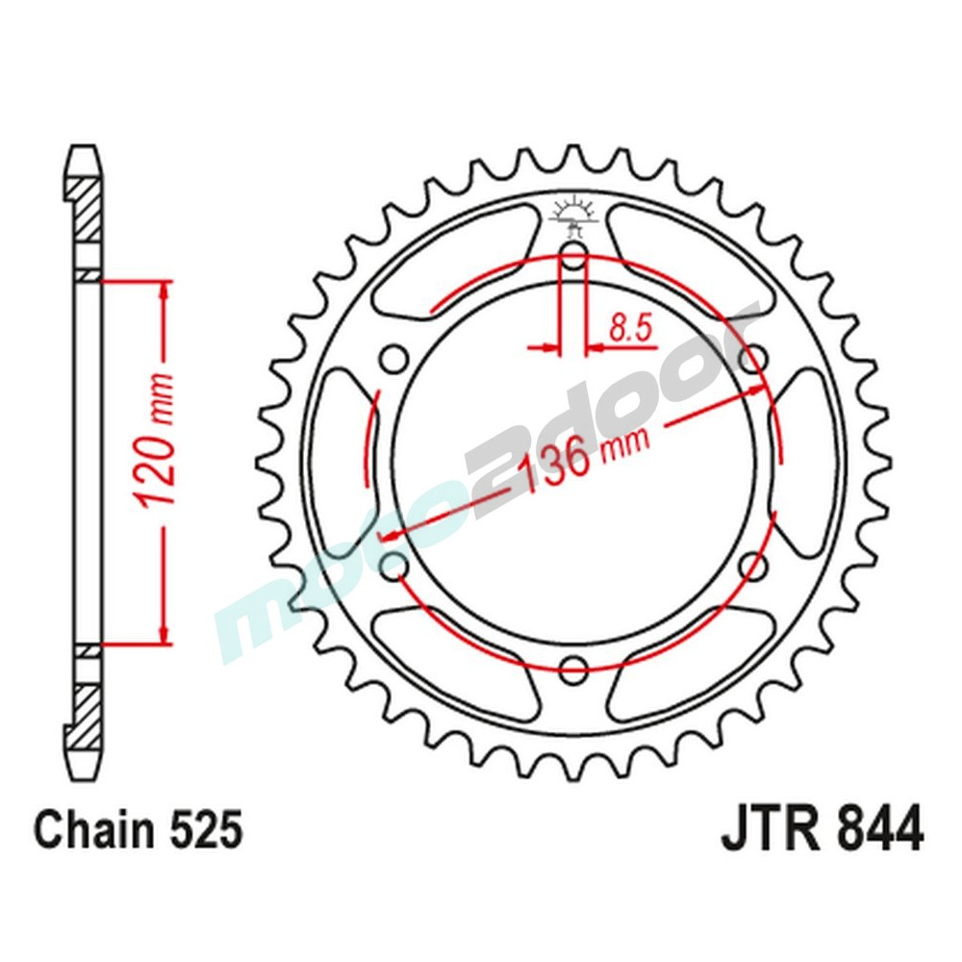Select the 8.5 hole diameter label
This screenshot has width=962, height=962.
point(630,329)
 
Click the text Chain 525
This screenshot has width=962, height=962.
point(138,829)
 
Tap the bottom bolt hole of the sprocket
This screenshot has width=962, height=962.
point(573,667)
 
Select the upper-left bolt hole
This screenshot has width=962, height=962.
point(393,359)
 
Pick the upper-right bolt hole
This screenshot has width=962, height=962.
point(754,359)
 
